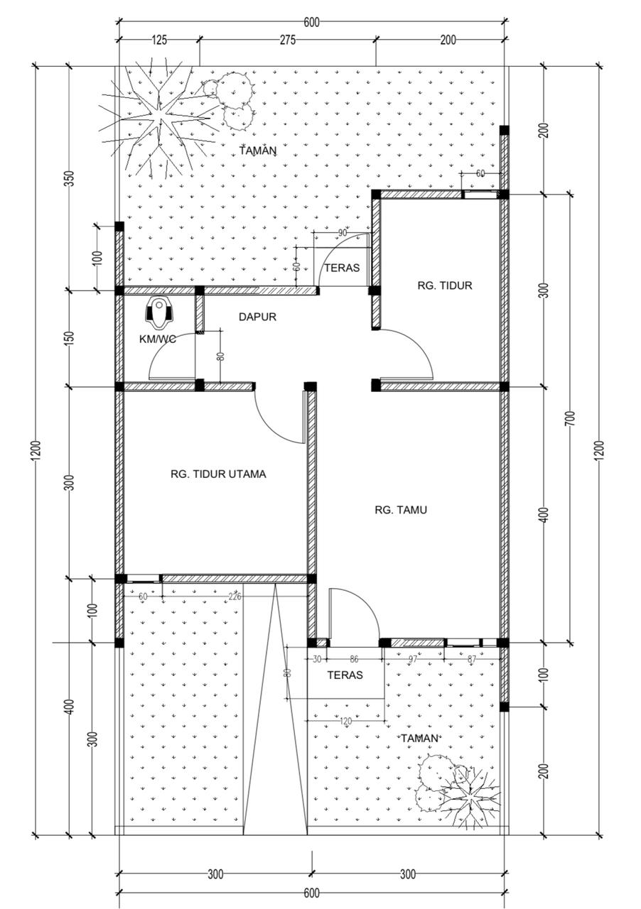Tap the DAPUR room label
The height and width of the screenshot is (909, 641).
coord(257,317)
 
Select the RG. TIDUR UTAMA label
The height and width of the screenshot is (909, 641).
coord(219,474)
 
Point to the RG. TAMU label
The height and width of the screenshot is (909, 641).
coord(401,510)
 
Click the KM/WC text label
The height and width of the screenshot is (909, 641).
coord(158,339)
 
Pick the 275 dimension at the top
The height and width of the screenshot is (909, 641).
coord(288,40)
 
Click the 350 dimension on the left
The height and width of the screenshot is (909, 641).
coord(70,178)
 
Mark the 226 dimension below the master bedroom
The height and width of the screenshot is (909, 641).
coord(235,596)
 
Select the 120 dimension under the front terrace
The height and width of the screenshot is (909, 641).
coord(345,722)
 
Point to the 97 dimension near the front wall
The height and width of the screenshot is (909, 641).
coord(413,659)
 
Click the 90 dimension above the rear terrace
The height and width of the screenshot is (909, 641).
coord(343,233)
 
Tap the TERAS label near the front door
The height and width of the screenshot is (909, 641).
coord(345,675)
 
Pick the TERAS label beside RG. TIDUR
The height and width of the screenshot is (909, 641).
coord(342,268)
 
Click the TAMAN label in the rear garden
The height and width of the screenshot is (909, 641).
coord(257,151)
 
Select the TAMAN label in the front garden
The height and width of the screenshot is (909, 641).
coord(419,738)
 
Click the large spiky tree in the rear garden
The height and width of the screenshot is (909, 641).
coord(160,120)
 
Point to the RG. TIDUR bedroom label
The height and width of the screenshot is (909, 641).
coord(445,285)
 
